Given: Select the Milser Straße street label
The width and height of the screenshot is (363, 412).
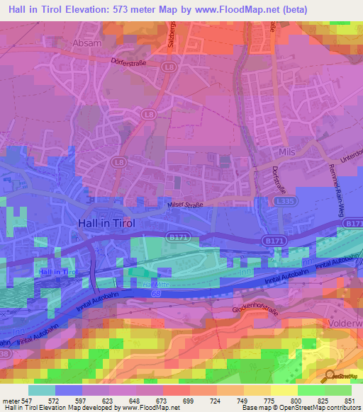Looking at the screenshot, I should [x=181, y=205].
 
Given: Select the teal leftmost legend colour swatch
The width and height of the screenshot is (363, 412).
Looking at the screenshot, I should [x=41, y=390].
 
